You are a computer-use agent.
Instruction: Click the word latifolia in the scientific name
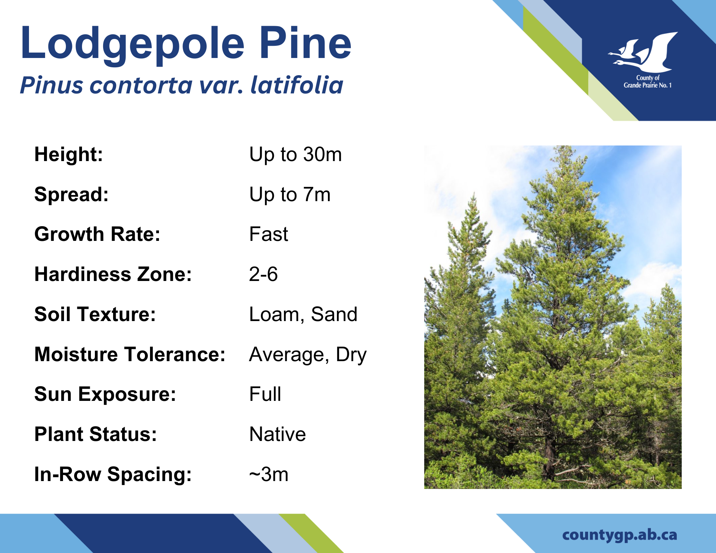pos(297,85)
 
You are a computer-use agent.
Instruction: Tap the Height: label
pos(69,155)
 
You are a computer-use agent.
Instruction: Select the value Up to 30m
pos(296,155)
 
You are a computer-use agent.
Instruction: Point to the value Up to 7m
pos(290,195)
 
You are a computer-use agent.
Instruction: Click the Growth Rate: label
pos(97,234)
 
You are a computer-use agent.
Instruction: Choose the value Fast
pos(268,234)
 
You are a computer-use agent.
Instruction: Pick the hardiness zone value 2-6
pos(263,274)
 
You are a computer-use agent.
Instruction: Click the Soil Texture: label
pos(95,314)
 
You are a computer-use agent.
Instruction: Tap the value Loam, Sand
pos(303,314)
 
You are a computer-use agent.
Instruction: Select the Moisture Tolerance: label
pos(130,354)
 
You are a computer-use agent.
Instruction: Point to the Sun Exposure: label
pos(105,394)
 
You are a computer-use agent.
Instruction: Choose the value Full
pos(265,394)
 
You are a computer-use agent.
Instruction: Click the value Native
pos(278,434)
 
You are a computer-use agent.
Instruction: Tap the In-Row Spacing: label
pos(113,475)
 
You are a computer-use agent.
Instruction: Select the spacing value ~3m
pos(269,475)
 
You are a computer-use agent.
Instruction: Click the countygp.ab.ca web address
pos(620,535)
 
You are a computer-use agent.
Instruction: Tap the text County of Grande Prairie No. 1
pos(648,82)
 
